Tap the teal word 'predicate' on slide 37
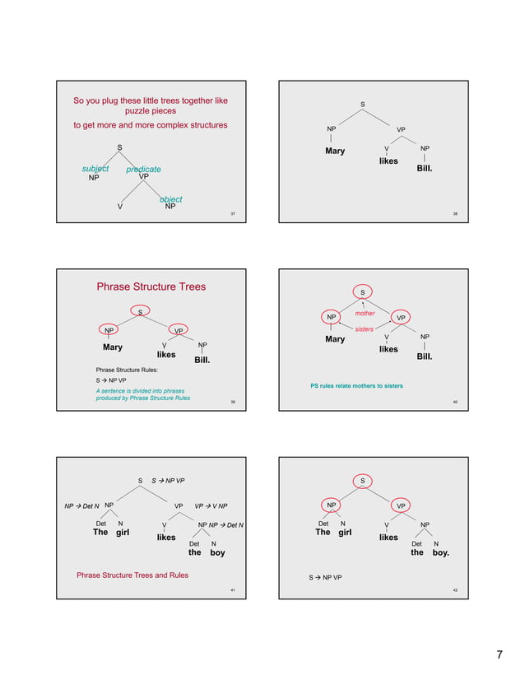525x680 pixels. click(x=143, y=170)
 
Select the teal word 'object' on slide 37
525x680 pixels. click(x=171, y=199)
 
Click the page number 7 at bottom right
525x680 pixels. click(x=499, y=655)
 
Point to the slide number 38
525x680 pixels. click(x=455, y=214)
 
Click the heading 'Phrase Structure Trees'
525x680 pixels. click(x=151, y=286)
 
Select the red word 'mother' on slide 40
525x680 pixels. click(x=365, y=314)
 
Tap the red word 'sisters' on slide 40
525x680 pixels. click(x=365, y=328)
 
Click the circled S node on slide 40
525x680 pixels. click(x=364, y=291)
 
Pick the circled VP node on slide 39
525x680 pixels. click(x=179, y=331)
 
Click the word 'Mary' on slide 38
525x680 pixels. click(x=335, y=151)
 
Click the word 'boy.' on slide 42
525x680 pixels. click(x=440, y=552)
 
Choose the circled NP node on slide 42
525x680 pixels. click(x=329, y=505)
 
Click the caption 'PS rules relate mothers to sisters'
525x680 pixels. click(x=356, y=385)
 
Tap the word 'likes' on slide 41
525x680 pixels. click(x=166, y=537)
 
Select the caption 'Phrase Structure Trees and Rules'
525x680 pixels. click(x=132, y=575)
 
